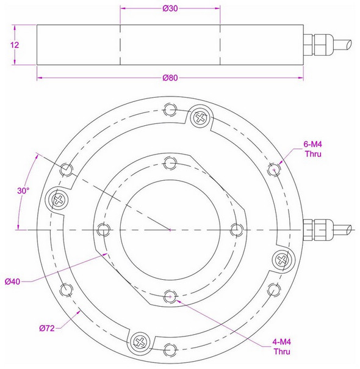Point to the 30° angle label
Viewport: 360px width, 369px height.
click(23, 190)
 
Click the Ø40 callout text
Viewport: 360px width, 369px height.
click(13, 281)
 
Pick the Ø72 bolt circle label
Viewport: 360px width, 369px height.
click(48, 328)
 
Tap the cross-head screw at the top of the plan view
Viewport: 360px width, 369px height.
click(200, 117)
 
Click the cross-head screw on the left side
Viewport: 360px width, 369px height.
click(59, 199)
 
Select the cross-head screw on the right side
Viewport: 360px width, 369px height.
click(281, 259)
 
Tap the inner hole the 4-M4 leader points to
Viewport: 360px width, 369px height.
click(170, 296)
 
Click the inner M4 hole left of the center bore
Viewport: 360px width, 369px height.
click(103, 229)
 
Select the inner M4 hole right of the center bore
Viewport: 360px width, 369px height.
click(237, 229)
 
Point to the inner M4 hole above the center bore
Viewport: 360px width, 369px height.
click(170, 162)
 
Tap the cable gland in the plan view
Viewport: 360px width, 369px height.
click(317, 229)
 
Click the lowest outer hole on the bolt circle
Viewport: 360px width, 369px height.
click(170, 349)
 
